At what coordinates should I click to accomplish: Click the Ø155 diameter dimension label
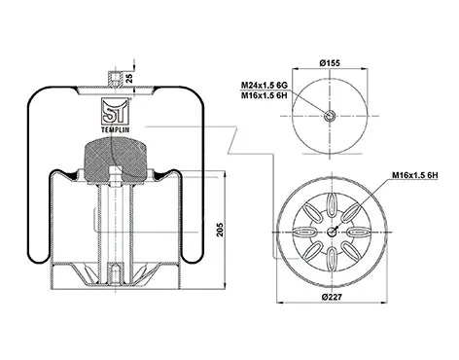point(330,63)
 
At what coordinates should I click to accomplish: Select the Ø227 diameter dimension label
point(332,297)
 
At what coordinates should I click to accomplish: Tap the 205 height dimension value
point(220,230)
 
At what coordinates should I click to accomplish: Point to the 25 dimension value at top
point(129,78)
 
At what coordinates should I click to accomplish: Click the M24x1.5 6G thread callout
point(264,86)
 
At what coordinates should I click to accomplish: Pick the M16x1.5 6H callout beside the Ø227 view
point(415,175)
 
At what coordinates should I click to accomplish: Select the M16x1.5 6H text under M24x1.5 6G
point(264,95)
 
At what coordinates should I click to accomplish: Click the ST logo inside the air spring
point(116,111)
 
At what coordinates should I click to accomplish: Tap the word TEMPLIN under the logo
point(116,129)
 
